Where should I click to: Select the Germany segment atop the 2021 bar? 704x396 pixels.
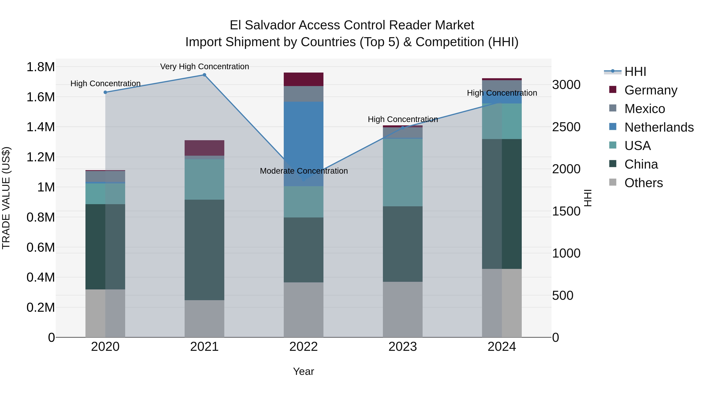[x=204, y=148]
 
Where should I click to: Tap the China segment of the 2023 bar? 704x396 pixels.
[x=403, y=244]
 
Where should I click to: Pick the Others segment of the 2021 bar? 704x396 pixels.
[x=204, y=319]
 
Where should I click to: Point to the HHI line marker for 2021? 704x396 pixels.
[x=204, y=75]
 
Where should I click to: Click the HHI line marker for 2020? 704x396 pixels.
[x=105, y=92]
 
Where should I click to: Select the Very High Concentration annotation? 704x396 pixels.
[x=204, y=66]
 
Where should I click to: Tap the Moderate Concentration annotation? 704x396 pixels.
[x=304, y=171]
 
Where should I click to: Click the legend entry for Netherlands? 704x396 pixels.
[x=659, y=127]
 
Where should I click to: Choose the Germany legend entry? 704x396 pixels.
[x=651, y=90]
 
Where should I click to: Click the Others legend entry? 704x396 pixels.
[x=644, y=183]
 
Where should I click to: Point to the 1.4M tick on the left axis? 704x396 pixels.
[x=40, y=127]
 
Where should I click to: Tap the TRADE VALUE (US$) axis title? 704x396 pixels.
[x=6, y=198]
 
